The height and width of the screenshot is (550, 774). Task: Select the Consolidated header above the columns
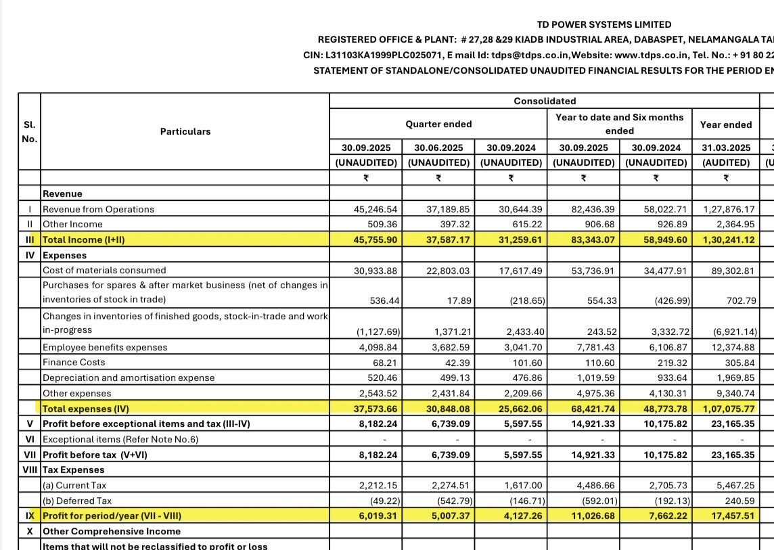545,101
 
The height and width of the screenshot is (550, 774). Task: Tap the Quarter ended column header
438,124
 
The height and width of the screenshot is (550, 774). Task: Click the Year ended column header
725,124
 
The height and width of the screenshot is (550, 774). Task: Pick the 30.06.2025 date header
438,147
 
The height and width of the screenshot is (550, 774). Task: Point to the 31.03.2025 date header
725,147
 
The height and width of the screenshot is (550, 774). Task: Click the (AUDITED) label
725,162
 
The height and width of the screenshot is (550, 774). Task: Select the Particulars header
185,131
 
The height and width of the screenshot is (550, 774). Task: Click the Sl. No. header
28,131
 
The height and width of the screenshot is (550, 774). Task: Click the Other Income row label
72,224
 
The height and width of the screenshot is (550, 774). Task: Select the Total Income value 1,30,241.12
725,239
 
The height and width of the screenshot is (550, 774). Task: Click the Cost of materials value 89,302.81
729,270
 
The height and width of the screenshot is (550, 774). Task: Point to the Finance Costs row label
74,362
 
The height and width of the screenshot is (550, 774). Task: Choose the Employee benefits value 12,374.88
729,347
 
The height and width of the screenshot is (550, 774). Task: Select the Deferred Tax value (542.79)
447,501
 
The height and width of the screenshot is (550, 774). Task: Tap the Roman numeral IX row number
28,516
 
